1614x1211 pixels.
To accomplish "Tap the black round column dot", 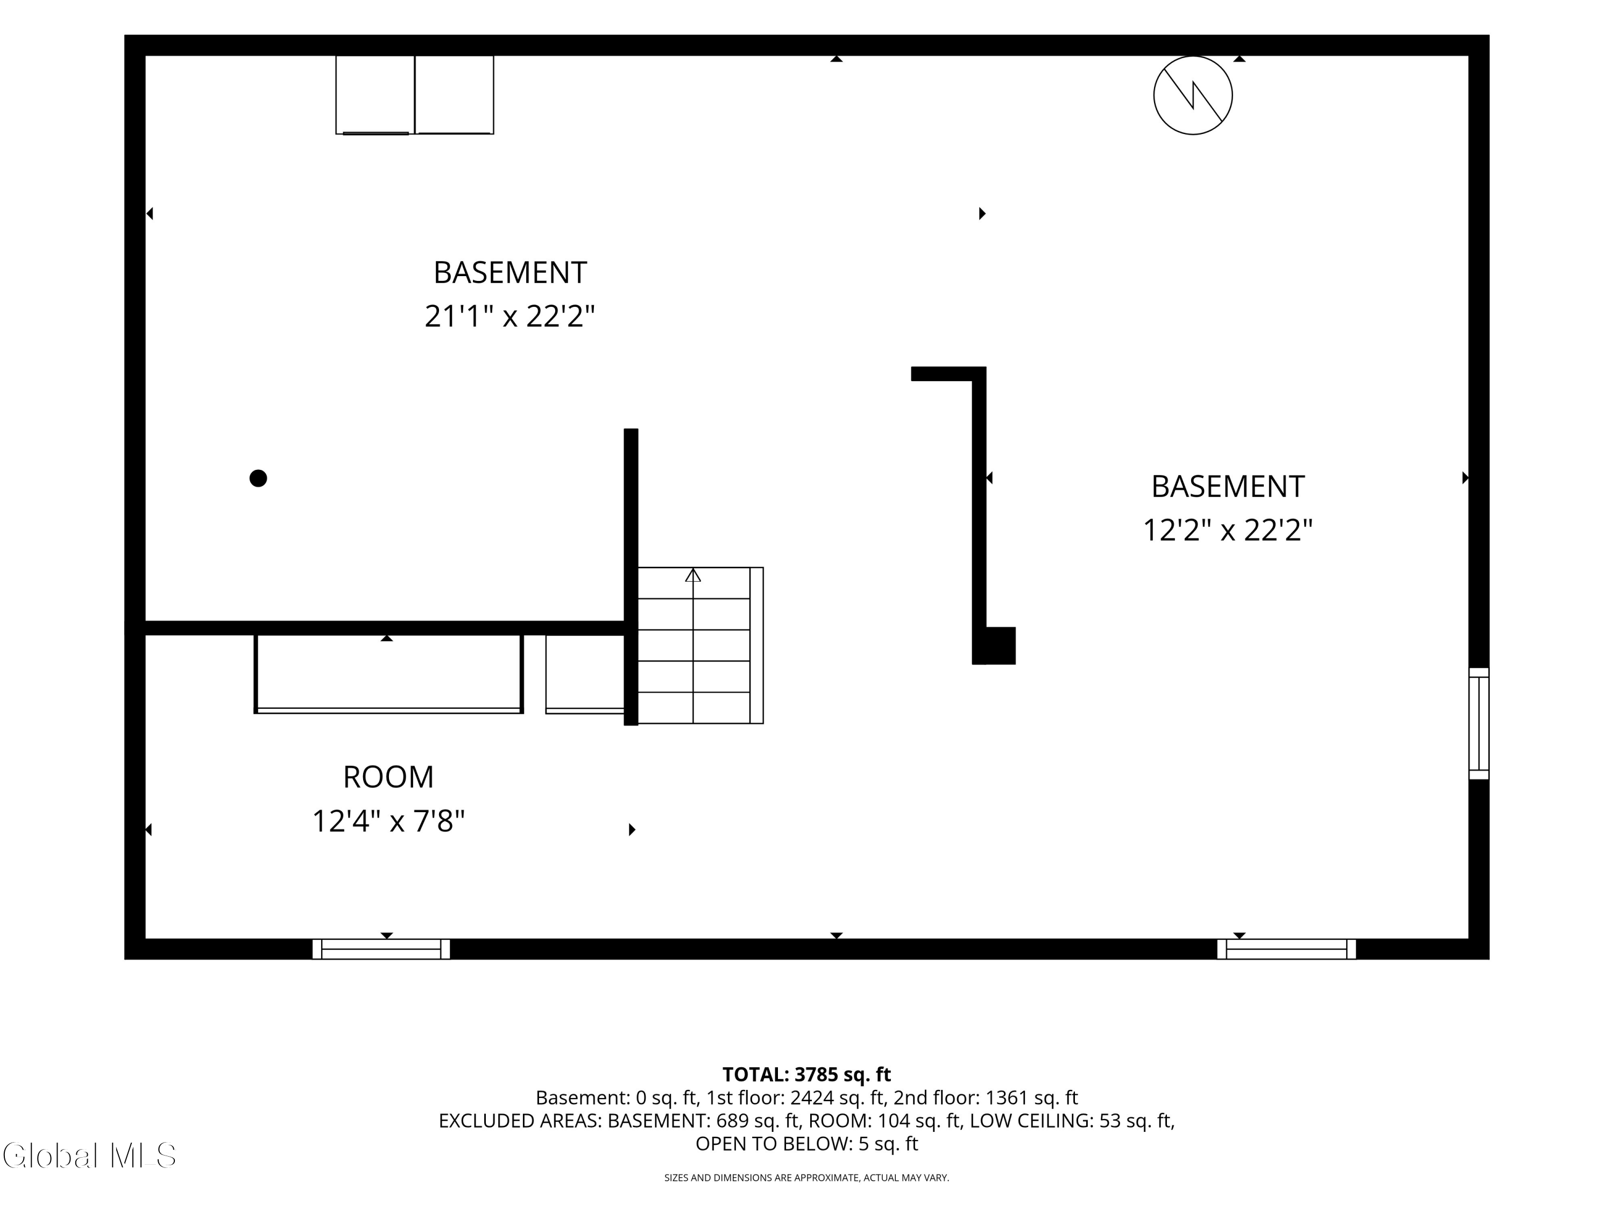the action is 258,478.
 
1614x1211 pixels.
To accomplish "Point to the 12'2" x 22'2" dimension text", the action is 1227,531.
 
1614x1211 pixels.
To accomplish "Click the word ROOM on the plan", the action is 388,777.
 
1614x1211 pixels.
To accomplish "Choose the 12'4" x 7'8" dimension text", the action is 388,821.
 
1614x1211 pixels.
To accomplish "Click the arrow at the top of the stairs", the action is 693,575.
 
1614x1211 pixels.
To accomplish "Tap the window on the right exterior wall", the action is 1478,723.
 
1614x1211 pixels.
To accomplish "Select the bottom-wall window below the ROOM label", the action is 381,949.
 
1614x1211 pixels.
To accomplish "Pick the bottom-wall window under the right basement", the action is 1286,949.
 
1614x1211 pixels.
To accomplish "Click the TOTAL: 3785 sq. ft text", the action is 806,1074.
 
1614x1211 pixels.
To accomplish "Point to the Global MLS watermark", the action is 89,1156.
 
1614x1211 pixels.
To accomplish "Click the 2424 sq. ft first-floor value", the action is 836,1098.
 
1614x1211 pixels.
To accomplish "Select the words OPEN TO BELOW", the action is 773,1144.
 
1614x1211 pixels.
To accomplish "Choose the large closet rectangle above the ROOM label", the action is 388,673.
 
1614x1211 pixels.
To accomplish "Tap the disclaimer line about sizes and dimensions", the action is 806,1178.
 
